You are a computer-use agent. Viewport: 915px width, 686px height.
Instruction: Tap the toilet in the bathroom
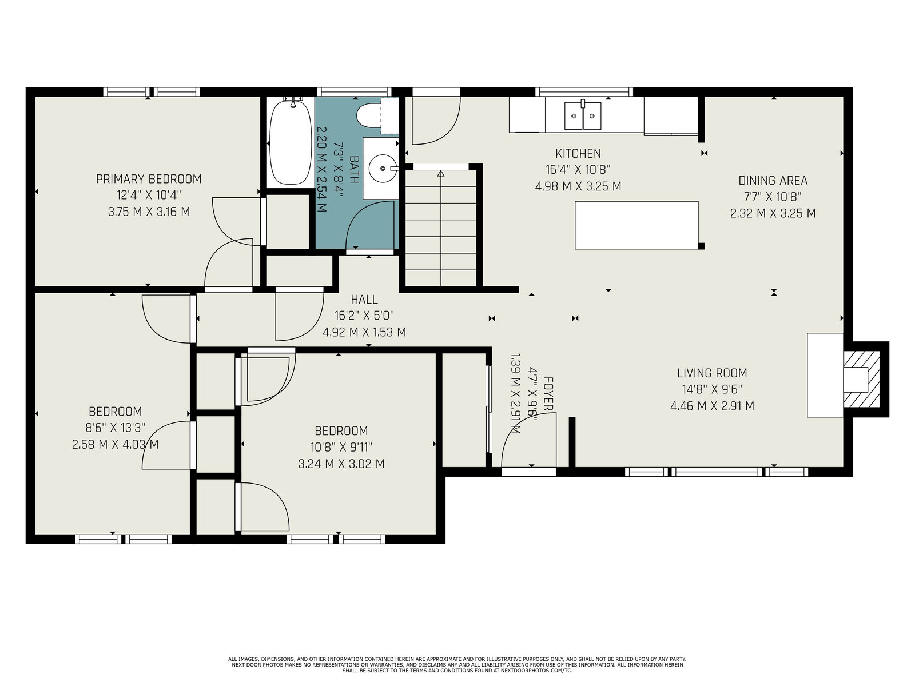pyautogui.click(x=368, y=115)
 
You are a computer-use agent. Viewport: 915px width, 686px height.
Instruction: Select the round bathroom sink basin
pyautogui.click(x=383, y=168)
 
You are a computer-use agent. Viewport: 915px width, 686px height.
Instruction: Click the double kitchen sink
pyautogui.click(x=582, y=116)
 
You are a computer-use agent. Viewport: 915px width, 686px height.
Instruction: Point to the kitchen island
pyautogui.click(x=636, y=225)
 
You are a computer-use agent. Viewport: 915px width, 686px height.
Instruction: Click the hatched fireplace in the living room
pyautogui.click(x=861, y=379)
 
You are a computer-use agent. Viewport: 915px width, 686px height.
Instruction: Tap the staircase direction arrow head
pyautogui.click(x=440, y=173)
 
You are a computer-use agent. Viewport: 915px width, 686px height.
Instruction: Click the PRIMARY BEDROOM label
pyautogui.click(x=149, y=179)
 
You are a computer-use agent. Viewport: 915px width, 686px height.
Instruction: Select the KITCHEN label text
pyautogui.click(x=578, y=154)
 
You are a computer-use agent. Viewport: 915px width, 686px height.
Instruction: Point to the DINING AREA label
pyautogui.click(x=773, y=181)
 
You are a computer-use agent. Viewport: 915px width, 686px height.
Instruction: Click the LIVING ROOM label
pyautogui.click(x=712, y=373)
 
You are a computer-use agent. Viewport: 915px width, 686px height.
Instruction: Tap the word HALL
pyautogui.click(x=364, y=300)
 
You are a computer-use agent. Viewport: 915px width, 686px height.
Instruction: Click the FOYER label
pyautogui.click(x=548, y=394)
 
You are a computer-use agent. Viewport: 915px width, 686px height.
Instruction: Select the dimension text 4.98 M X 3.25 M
pyautogui.click(x=578, y=186)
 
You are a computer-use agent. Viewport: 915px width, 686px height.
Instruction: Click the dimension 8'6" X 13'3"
pyautogui.click(x=116, y=428)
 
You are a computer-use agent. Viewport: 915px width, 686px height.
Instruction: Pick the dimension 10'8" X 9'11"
pyautogui.click(x=341, y=448)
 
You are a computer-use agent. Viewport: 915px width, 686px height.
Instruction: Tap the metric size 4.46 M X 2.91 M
pyautogui.click(x=712, y=406)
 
